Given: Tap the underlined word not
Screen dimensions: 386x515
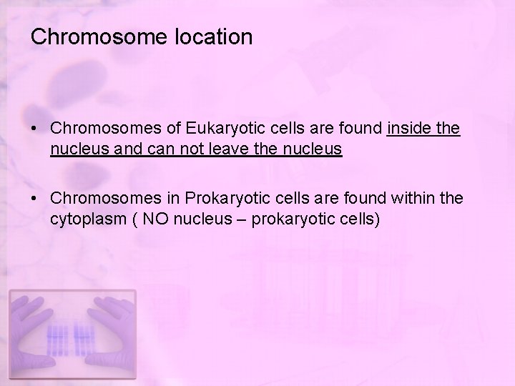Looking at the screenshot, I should click(193, 149).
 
